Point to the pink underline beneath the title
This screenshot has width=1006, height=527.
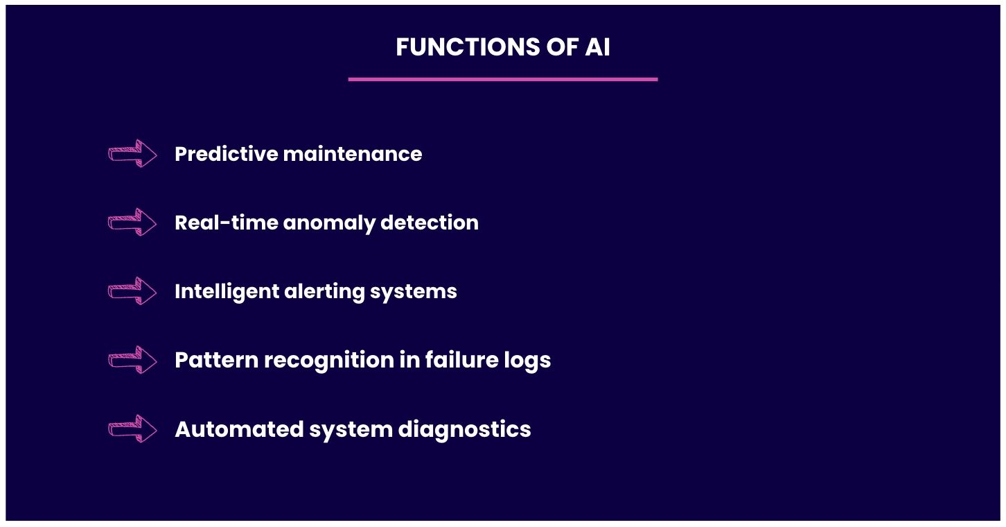click(502, 79)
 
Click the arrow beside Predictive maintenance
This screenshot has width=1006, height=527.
click(132, 153)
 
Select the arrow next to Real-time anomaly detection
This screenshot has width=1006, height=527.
click(132, 222)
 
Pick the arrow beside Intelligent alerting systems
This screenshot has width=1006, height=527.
click(132, 291)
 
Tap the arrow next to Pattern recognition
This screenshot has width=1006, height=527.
click(132, 360)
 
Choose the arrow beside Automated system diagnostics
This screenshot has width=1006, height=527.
click(132, 429)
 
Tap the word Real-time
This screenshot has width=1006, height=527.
click(226, 223)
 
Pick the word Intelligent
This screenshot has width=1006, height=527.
click(227, 291)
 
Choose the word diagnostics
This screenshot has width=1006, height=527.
click(464, 429)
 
